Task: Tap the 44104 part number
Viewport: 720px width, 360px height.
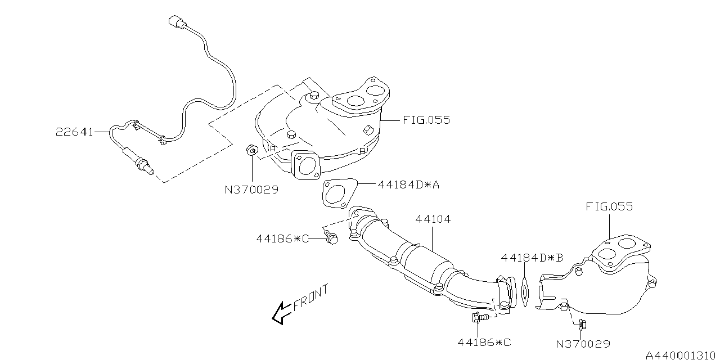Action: (x=433, y=219)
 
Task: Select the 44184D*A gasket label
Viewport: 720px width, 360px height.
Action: (x=408, y=184)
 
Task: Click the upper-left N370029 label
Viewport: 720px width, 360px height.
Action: (x=251, y=190)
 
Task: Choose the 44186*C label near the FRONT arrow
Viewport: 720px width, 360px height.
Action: (x=283, y=238)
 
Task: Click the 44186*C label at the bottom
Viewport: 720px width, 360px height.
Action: (x=484, y=341)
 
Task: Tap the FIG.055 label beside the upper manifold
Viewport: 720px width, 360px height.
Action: (x=426, y=120)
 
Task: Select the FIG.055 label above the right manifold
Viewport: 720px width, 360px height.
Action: (x=609, y=206)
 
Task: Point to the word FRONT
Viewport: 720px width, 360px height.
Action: (x=310, y=298)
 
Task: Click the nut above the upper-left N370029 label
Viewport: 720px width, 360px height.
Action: (x=251, y=150)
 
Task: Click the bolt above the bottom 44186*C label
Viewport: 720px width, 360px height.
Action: (x=477, y=318)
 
